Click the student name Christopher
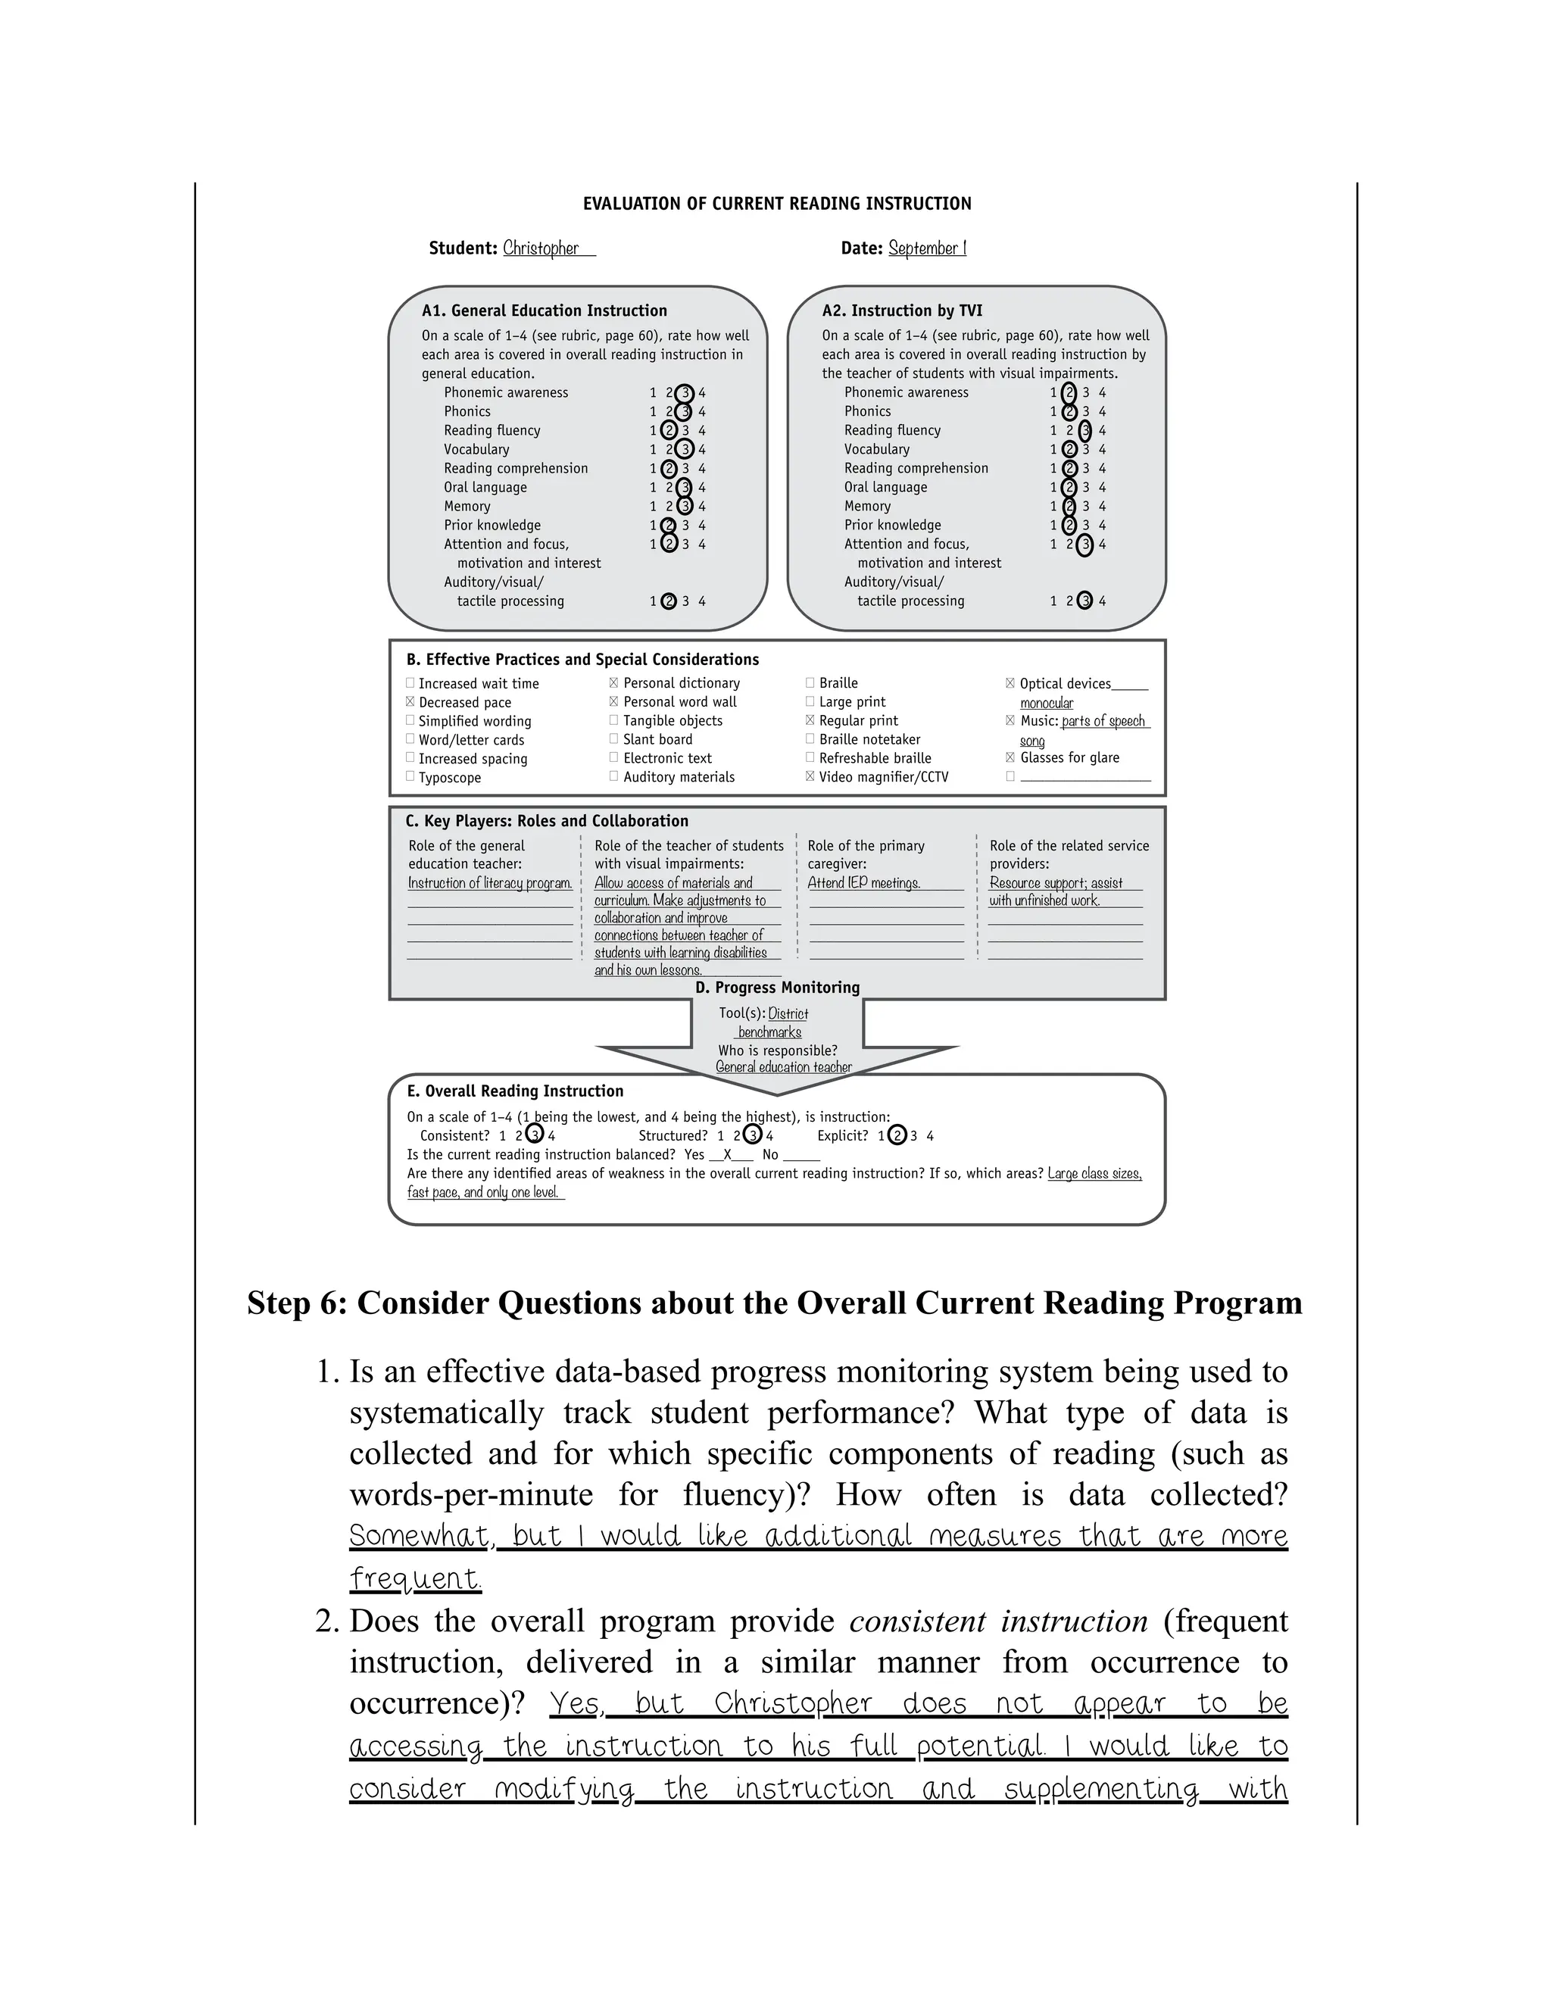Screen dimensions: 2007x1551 click(x=541, y=248)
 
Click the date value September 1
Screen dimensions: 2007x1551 click(x=926, y=248)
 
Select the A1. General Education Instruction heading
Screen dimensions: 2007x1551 click(x=544, y=311)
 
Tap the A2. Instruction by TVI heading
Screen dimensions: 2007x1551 click(x=901, y=311)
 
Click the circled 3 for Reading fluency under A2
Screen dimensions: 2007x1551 click(x=1085, y=430)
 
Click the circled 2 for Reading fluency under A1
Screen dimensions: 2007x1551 click(x=669, y=430)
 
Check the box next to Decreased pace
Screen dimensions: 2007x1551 click(x=410, y=701)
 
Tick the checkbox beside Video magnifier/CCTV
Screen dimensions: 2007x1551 click(x=810, y=776)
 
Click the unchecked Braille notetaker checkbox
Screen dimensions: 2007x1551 click(x=810, y=739)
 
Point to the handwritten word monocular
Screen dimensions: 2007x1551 click(x=1047, y=703)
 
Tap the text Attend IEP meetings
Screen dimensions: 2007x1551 click(x=863, y=882)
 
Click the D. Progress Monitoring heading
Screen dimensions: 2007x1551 click(x=777, y=987)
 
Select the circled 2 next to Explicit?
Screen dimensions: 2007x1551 click(x=897, y=1136)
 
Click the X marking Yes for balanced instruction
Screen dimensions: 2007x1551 click(x=728, y=1154)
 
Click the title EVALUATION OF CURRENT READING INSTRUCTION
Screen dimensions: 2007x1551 click(x=776, y=204)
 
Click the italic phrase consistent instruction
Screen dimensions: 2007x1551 click(x=998, y=1621)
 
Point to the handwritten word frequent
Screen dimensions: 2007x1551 click(x=414, y=1579)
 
